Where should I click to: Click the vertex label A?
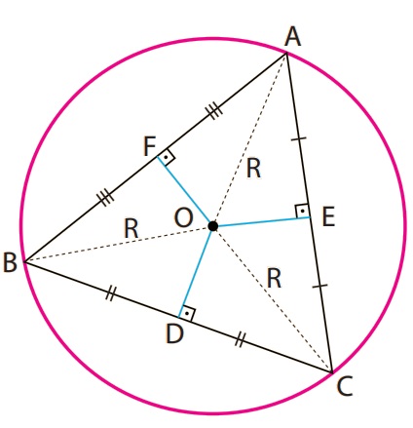pos(292,37)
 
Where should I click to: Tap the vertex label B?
pos(10,262)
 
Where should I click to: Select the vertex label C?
pos(345,386)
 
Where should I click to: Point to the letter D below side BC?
pos(174,333)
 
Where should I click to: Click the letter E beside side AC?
pos(328,216)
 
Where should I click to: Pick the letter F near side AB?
pos(149,146)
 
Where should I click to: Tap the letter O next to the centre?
pos(184,217)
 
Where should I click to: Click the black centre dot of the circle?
pos(212,226)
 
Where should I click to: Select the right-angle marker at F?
pos(167,158)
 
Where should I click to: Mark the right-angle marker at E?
pos(302,212)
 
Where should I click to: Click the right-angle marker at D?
pos(187,314)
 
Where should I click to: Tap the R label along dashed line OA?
pos(253,169)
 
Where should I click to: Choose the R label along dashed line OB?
pos(131,228)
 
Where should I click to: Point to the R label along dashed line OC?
pos(274,279)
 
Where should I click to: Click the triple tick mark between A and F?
pos(214,111)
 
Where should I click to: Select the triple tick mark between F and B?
pos(105,197)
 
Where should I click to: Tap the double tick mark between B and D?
pos(110,293)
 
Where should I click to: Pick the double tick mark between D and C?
pos(239,340)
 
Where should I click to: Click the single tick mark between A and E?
pos(299,139)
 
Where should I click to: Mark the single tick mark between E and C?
pos(319,286)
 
